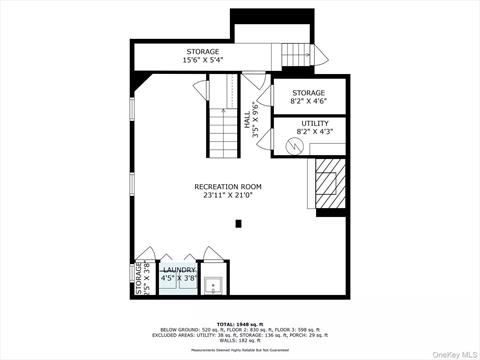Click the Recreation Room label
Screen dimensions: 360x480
(x=228, y=187)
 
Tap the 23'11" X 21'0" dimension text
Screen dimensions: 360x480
(x=228, y=196)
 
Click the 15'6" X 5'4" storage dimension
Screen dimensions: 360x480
(x=202, y=60)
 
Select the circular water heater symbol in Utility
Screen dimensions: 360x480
(x=293, y=145)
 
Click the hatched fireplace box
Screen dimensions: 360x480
(x=328, y=181)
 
